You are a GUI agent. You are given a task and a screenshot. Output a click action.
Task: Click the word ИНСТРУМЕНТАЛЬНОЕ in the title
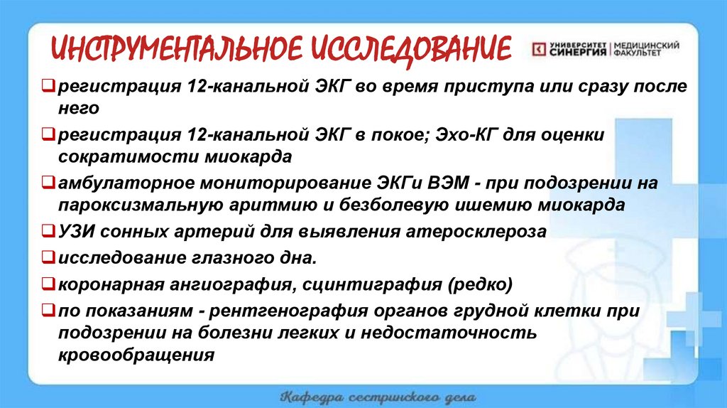click(x=175, y=48)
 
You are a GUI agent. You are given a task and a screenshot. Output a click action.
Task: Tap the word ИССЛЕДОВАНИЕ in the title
click(x=409, y=48)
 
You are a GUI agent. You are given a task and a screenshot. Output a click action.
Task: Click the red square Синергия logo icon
click(x=540, y=49)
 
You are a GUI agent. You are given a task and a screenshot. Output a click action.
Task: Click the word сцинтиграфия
click(x=367, y=285)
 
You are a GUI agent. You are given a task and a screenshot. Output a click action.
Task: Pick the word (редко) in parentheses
click(x=479, y=285)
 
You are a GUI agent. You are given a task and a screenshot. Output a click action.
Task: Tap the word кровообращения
click(x=136, y=355)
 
